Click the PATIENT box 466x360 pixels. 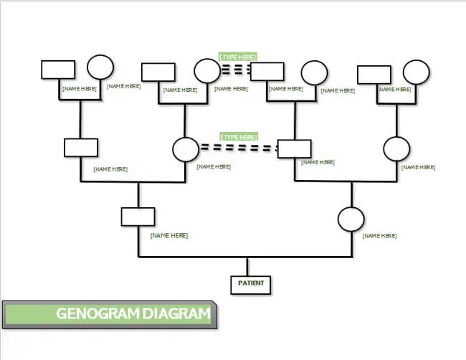pyautogui.click(x=250, y=284)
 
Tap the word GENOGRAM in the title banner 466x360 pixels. pyautogui.click(x=97, y=313)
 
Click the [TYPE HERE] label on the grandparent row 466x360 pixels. pyautogui.click(x=238, y=57)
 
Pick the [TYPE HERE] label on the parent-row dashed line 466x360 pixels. pyautogui.click(x=239, y=136)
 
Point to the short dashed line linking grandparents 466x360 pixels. pyautogui.click(x=235, y=70)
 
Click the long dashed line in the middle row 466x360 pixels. pyautogui.click(x=239, y=148)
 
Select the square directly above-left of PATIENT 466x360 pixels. pyautogui.click(x=138, y=217)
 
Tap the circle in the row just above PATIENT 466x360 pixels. pyautogui.click(x=351, y=219)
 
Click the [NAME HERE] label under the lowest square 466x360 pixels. pyautogui.click(x=169, y=235)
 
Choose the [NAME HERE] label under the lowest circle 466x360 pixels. pyautogui.click(x=380, y=235)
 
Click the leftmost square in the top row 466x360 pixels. pyautogui.click(x=58, y=69)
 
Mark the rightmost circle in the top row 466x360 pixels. pyautogui.click(x=416, y=72)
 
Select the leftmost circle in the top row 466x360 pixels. pyautogui.click(x=100, y=67)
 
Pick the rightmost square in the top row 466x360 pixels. pyautogui.click(x=374, y=74)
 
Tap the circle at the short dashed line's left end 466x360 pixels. pyautogui.click(x=206, y=71)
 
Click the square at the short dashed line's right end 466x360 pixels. pyautogui.click(x=267, y=71)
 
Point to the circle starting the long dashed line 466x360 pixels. pyautogui.click(x=186, y=149)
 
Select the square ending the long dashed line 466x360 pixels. pyautogui.click(x=294, y=149)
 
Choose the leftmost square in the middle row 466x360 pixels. pyautogui.click(x=81, y=147)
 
